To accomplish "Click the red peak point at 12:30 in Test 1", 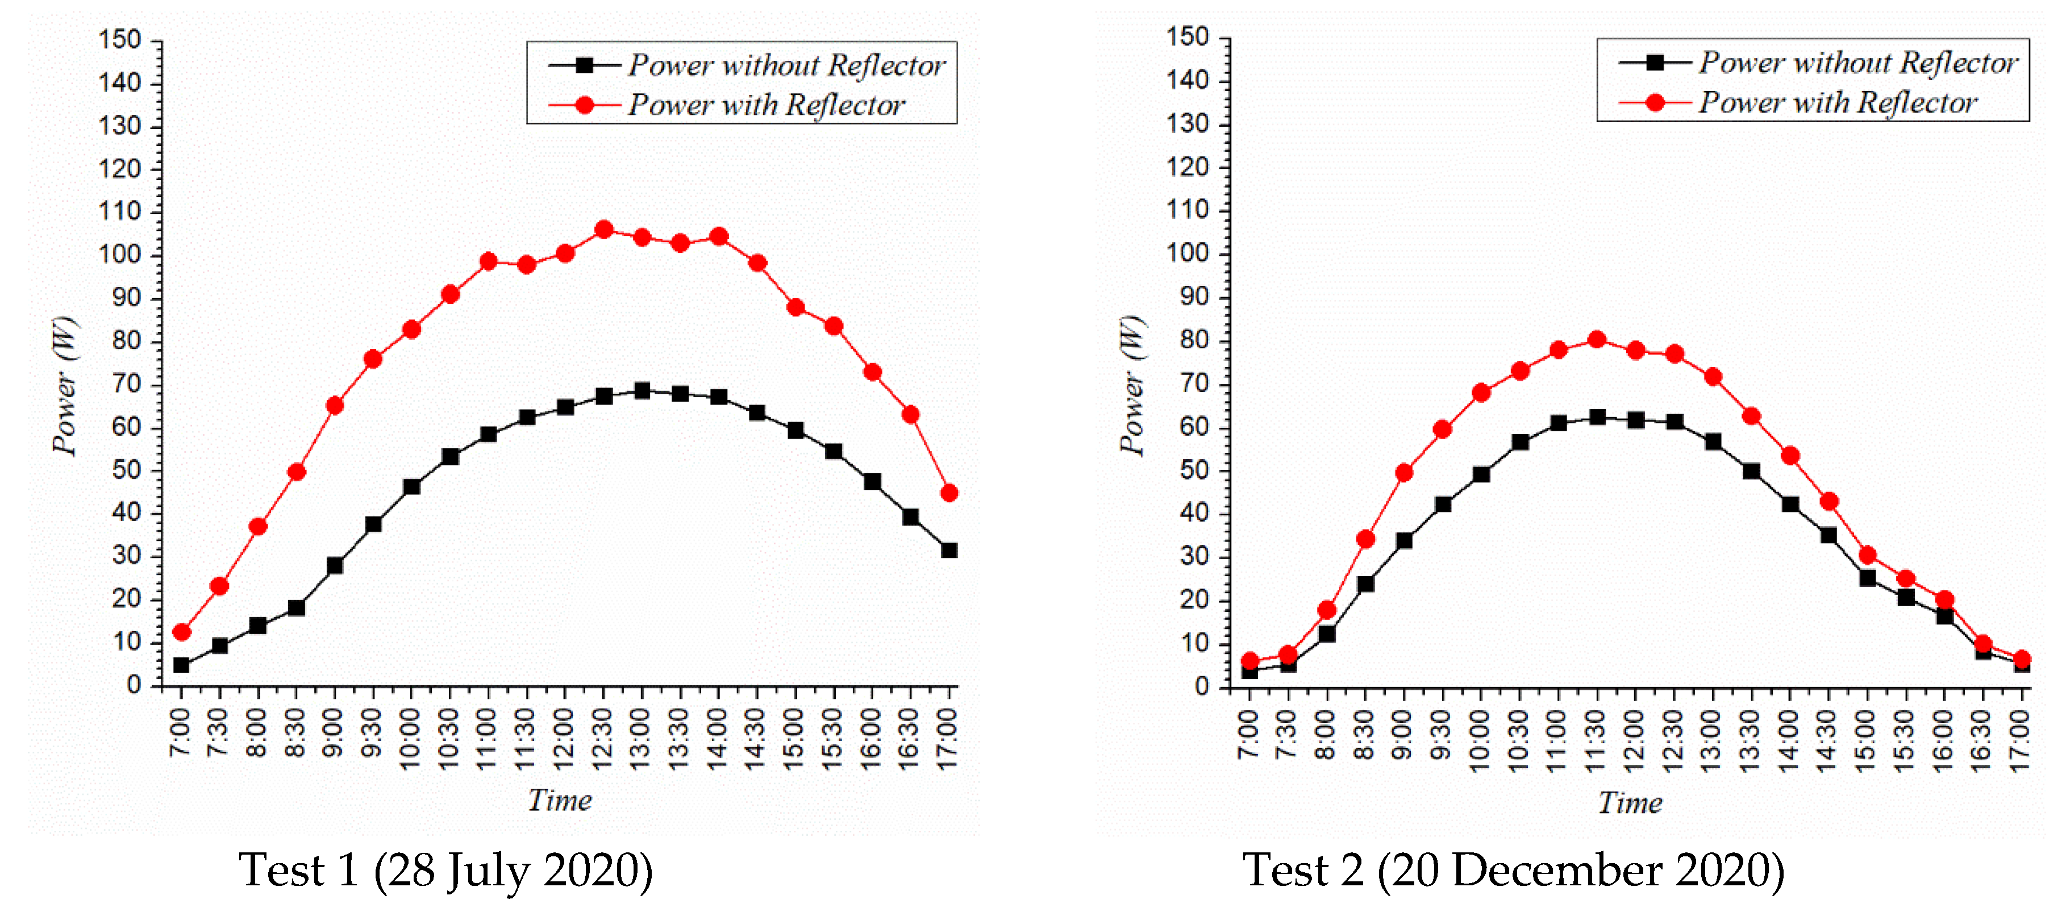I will [604, 230].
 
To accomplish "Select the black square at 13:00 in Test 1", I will [642, 390].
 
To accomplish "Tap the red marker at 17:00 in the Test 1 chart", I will [949, 493].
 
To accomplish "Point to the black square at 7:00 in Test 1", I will [181, 665].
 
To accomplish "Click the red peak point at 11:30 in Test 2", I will [1597, 339].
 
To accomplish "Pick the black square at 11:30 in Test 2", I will [1597, 417].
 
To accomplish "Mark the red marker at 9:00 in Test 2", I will [1403, 472].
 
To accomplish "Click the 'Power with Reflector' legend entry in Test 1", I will [765, 105].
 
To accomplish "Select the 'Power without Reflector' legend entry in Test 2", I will [1857, 63].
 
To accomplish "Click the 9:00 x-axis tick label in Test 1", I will [334, 733].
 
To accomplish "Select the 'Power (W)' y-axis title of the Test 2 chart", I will [1132, 386].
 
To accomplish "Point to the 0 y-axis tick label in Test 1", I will [134, 685].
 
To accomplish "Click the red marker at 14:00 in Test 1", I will [719, 236].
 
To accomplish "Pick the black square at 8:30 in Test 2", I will [1365, 584].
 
